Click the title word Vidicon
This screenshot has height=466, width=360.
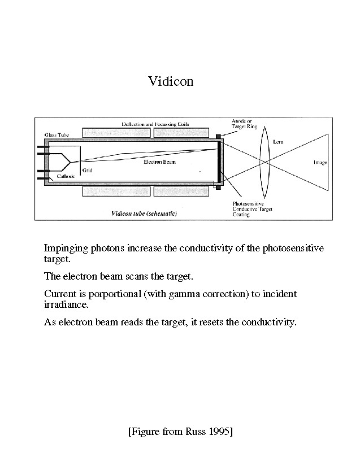point(171,81)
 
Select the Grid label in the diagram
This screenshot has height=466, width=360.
point(87,169)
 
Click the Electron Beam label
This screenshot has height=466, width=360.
point(159,162)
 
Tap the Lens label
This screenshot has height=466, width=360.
point(278,142)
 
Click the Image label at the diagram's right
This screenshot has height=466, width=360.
point(320,163)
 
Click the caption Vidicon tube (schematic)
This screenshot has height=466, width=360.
point(144,214)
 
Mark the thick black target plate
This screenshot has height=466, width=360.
point(219,163)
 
